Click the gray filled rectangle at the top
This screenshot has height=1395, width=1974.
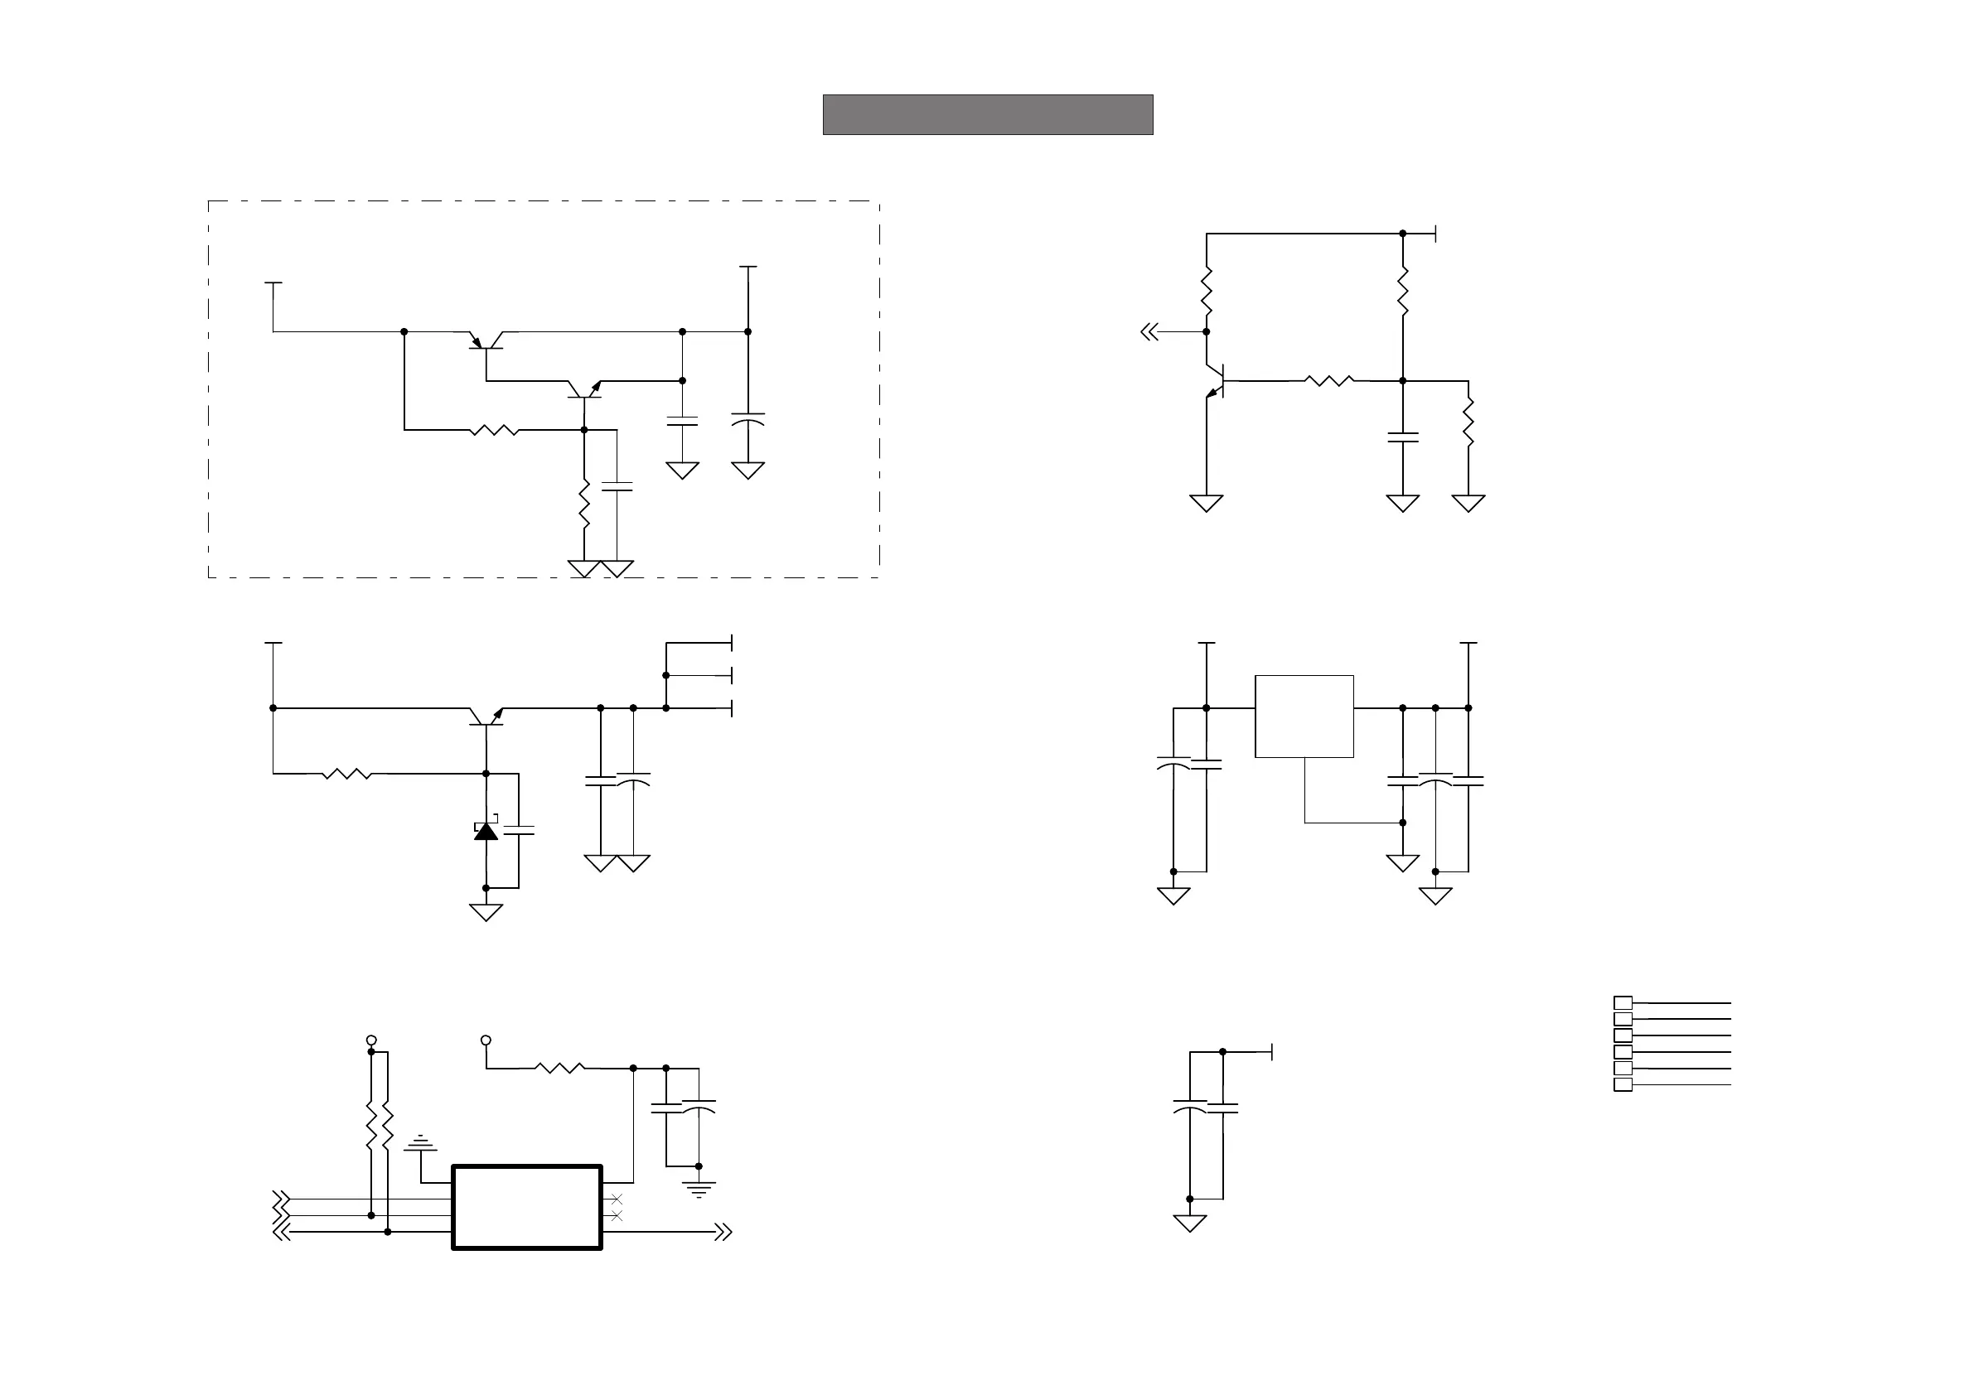click(x=987, y=114)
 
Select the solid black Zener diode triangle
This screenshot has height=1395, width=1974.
click(x=486, y=831)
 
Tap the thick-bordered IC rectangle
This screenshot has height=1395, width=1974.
click(x=526, y=1207)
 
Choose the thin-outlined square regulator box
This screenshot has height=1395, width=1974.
click(x=1304, y=716)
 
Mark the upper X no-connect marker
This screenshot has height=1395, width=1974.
click(x=616, y=1199)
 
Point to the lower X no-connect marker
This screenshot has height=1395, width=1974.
click(x=616, y=1215)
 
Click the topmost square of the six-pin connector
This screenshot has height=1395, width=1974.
click(x=1623, y=1002)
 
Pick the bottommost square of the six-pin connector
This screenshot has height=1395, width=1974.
click(x=1623, y=1084)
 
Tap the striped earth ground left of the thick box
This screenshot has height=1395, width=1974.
click(x=420, y=1145)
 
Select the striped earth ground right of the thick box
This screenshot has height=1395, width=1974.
click(x=699, y=1190)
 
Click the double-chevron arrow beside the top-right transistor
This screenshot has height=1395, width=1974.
click(x=1149, y=332)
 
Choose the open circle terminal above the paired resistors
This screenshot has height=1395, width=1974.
click(x=371, y=1040)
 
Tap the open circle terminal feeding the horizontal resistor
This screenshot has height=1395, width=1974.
click(x=486, y=1040)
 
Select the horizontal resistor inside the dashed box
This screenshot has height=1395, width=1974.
click(x=495, y=430)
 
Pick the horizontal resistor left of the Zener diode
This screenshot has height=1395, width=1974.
click(x=346, y=774)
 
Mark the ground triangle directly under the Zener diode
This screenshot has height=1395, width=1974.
click(x=486, y=912)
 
